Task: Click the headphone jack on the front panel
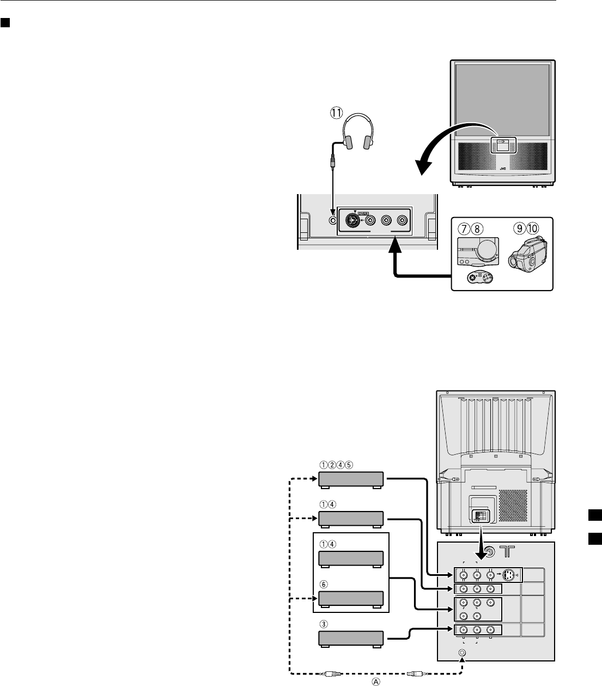point(334,220)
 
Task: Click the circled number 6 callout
point(323,583)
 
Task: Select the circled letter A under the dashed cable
point(375,681)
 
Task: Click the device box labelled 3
point(351,638)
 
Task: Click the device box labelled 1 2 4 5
point(351,480)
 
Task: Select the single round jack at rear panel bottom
point(463,652)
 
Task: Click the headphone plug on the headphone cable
point(332,162)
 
